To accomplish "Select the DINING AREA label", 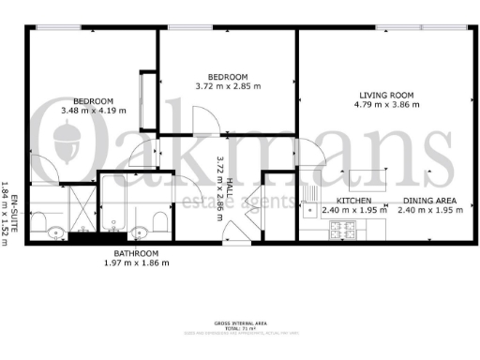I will (429, 201).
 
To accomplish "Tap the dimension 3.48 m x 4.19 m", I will (93, 112).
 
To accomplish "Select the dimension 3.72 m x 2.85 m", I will (228, 86).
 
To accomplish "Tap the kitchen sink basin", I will (310, 211).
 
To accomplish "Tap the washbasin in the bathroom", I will (139, 232).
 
